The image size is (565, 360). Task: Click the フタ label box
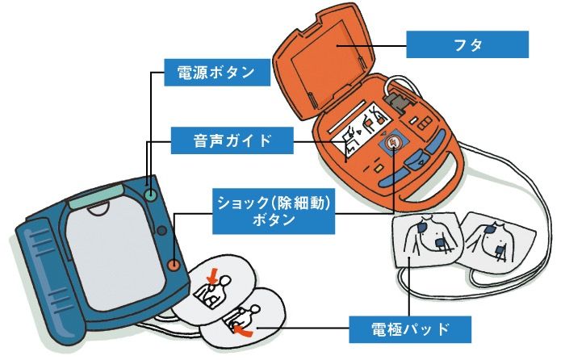[x=467, y=44]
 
